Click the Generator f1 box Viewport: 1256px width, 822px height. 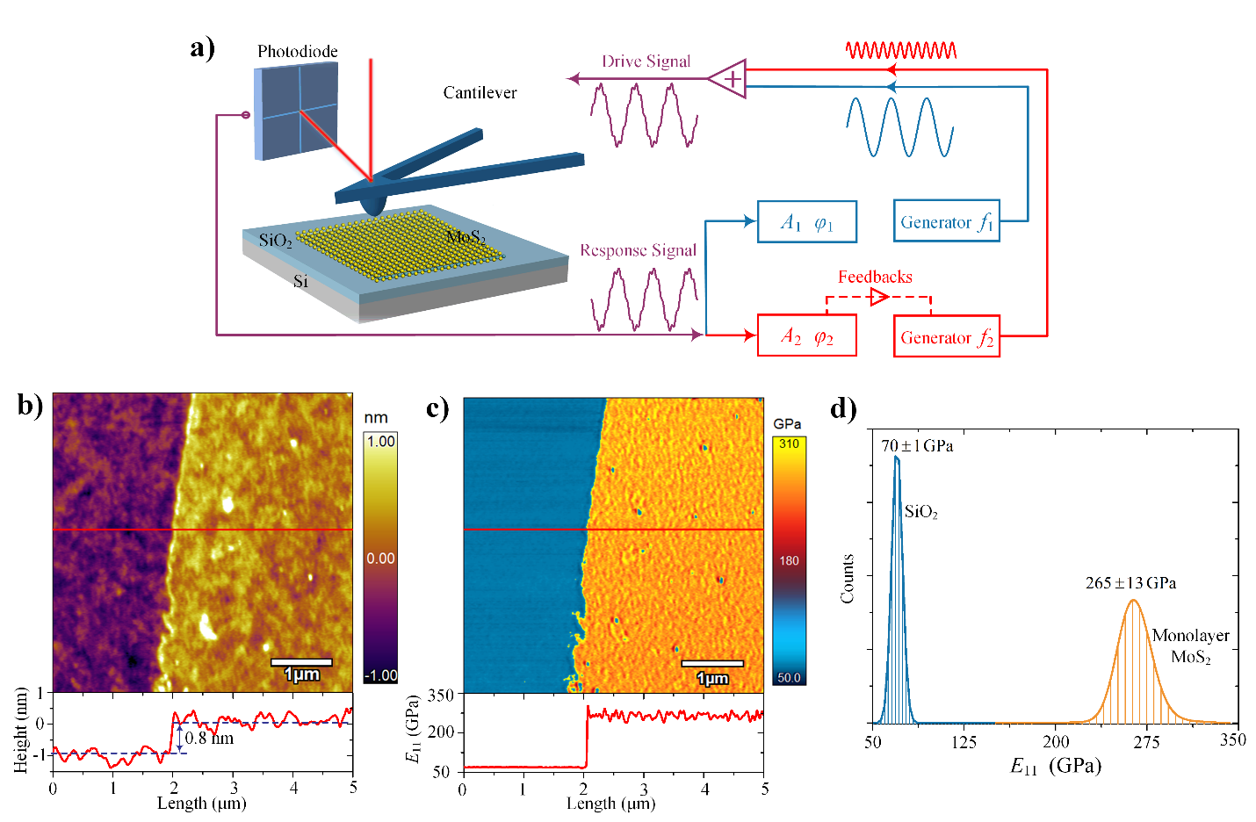946,221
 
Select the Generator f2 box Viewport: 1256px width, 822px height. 946,336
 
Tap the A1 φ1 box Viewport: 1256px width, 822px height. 806,222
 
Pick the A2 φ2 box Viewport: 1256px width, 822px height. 806,336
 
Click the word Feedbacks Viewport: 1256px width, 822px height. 875,277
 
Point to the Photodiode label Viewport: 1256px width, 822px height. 297,52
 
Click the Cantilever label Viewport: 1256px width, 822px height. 480,92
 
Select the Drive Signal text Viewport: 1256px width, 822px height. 646,61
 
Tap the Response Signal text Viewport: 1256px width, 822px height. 638,250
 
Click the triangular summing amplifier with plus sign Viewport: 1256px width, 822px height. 730,79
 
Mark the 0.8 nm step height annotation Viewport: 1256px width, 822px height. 209,738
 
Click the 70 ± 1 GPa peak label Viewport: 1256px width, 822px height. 917,446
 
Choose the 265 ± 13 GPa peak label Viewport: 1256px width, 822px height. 1130,583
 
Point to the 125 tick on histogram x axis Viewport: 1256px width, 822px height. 964,742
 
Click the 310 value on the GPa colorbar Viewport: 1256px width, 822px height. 789,443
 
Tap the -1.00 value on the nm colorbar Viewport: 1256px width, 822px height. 380,675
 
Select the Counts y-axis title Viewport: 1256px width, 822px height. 848,579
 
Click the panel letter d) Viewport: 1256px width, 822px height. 843,408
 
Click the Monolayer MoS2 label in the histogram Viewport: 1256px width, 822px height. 1190,645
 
